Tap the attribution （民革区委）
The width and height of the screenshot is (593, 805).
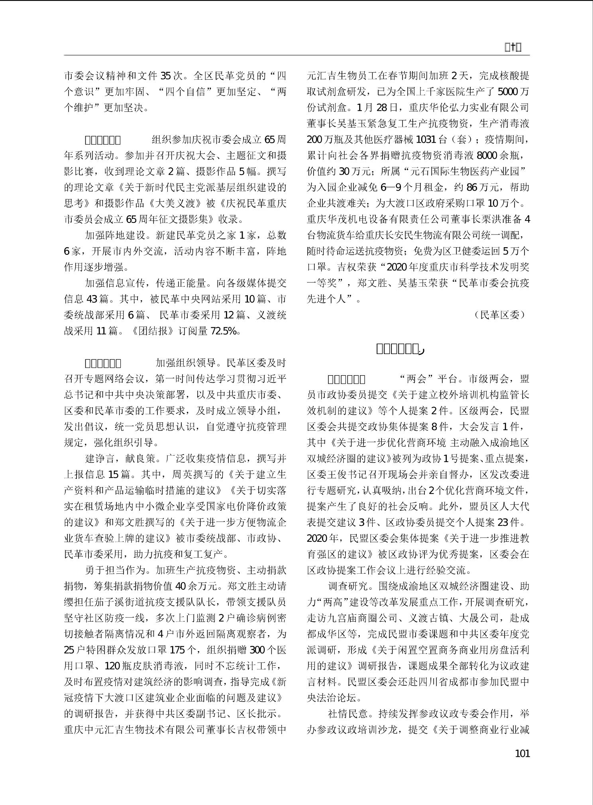click(x=500, y=315)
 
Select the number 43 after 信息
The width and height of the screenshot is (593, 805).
click(x=92, y=299)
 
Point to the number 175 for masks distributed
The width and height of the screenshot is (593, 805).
click(x=177, y=650)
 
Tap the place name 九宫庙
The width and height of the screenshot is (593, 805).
click(x=343, y=618)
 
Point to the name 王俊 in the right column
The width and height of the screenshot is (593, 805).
click(x=340, y=474)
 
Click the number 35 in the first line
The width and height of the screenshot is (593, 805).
click(x=165, y=76)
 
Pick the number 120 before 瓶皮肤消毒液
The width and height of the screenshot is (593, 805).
click(x=112, y=666)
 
